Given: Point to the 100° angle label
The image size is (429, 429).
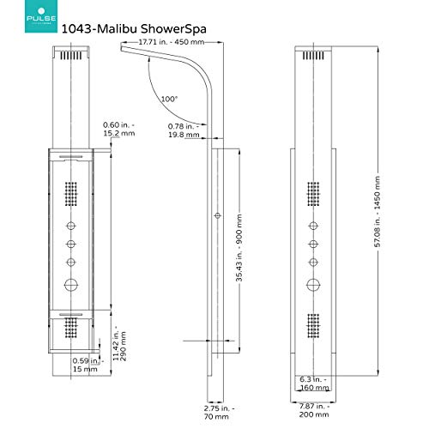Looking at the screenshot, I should click(x=170, y=100).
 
